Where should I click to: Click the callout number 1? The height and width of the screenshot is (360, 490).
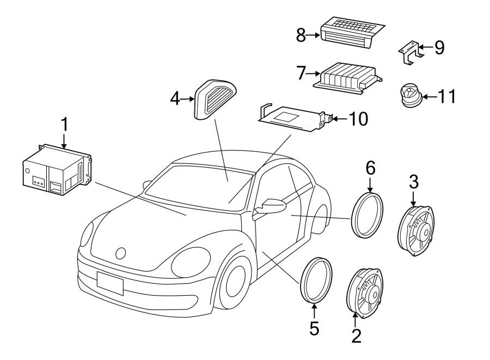[x=64, y=125]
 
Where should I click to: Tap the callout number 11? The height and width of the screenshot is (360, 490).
[x=446, y=97]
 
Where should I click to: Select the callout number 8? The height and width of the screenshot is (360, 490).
[x=301, y=36]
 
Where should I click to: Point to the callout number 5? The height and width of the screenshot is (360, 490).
[x=315, y=328]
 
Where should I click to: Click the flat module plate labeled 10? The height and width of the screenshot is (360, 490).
[x=291, y=118]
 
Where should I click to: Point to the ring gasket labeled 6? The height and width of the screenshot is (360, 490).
[x=369, y=214]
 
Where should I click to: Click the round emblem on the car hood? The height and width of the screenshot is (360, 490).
[x=121, y=253]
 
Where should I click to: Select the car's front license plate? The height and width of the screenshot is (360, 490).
[x=109, y=283]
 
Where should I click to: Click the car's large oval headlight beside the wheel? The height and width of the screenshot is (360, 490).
[x=191, y=261]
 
